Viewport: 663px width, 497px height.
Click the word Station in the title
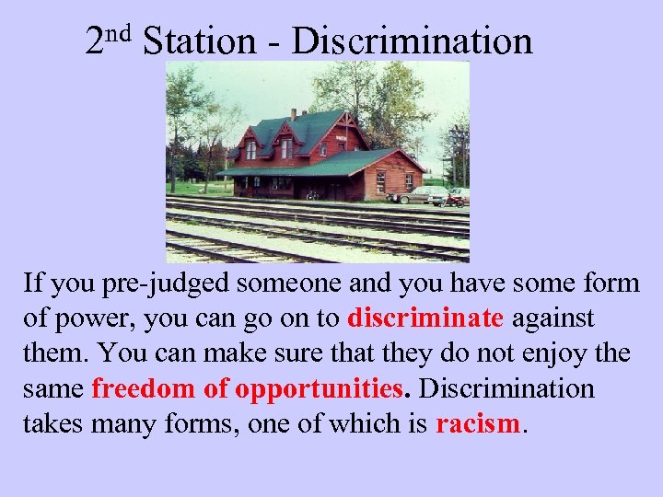pos(199,41)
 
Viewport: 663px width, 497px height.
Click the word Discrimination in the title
pos(412,41)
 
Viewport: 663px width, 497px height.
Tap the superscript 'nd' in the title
pos(122,34)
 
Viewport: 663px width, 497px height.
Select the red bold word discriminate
pos(425,318)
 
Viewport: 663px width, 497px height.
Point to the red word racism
pos(478,424)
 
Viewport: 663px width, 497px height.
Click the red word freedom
pos(144,388)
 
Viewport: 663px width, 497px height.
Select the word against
pos(553,319)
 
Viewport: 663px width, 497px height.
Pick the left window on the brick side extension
pos(379,180)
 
